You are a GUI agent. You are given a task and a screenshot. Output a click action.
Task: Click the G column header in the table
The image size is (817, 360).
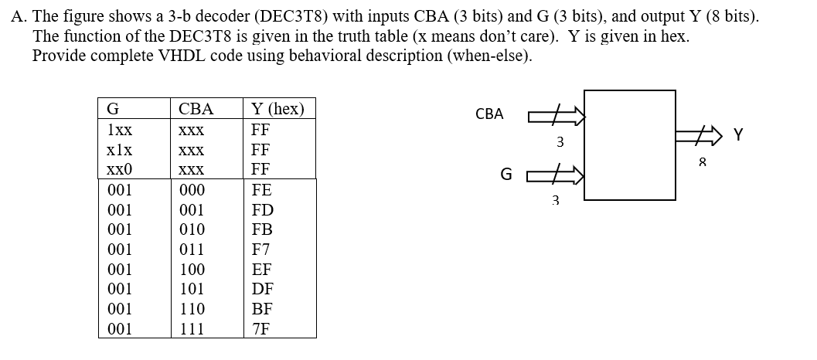(x=112, y=109)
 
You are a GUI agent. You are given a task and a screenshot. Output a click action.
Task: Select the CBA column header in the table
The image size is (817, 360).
(x=196, y=109)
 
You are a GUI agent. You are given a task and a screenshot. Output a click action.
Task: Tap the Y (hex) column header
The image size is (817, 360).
(x=278, y=109)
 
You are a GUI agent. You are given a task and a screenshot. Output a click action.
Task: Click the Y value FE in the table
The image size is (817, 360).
(x=262, y=190)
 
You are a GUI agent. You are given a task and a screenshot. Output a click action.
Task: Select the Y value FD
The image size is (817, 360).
(x=263, y=210)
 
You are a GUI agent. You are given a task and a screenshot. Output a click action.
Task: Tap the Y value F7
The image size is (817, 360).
(x=261, y=250)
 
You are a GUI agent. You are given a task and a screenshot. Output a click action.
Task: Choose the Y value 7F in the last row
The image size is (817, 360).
(x=261, y=329)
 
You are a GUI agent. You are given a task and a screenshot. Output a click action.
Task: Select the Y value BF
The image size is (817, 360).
(x=262, y=309)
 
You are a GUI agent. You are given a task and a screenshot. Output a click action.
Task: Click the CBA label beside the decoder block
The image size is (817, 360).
(x=489, y=114)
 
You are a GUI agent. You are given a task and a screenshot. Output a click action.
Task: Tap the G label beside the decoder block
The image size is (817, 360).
(x=506, y=175)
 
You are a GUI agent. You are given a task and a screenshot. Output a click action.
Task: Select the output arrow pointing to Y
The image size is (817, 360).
(x=702, y=137)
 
